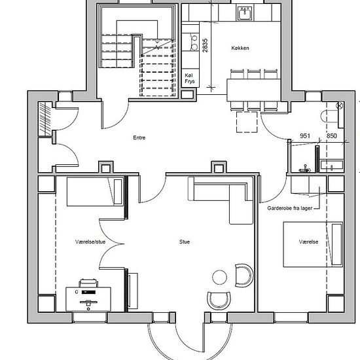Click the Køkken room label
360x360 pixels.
tap(240, 48)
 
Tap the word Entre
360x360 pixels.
tap(139, 137)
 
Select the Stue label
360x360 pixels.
tap(185, 242)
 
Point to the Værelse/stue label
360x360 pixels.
tap(90, 242)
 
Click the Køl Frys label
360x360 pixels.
tap(190, 79)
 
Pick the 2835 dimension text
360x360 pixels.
tap(205, 45)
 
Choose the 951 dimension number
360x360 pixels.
tap(305, 135)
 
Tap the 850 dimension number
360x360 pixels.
tap(332, 135)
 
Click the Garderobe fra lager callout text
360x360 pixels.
tap(290, 208)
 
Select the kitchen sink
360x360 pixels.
tap(245, 13)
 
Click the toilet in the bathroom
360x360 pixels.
tap(329, 116)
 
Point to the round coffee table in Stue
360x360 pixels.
tap(219, 278)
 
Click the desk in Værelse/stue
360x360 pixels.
tap(88, 299)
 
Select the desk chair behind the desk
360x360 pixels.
tap(88, 283)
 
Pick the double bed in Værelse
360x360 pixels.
tap(313, 244)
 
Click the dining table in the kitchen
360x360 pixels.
tap(254, 90)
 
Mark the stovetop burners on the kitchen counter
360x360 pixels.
tap(194, 43)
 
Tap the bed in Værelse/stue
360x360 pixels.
tap(96, 192)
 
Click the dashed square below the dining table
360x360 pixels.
tap(247, 122)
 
